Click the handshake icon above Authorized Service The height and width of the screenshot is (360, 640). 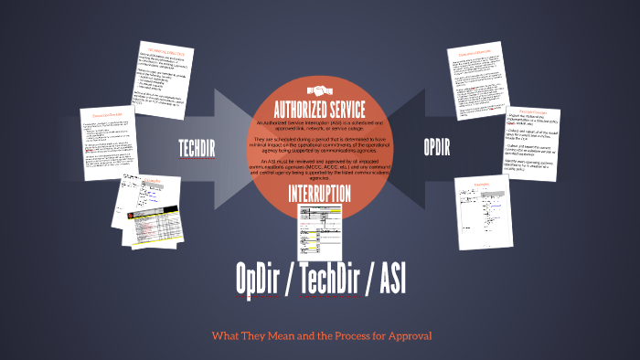[319, 90]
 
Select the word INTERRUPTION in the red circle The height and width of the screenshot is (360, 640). [319, 194]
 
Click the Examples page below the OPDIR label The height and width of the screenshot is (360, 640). [483, 208]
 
